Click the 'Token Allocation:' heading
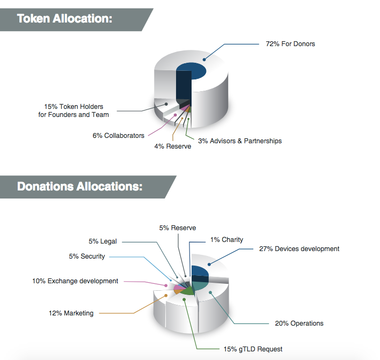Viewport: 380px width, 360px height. pyautogui.click(x=64, y=18)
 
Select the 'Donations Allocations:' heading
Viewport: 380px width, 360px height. pyautogui.click(x=79, y=187)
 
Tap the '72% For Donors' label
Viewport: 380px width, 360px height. pyautogui.click(x=290, y=44)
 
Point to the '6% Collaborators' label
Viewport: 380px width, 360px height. pyautogui.click(x=118, y=136)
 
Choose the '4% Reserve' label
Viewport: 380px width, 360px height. pyautogui.click(x=173, y=146)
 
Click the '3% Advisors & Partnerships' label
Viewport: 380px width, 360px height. pyautogui.click(x=239, y=141)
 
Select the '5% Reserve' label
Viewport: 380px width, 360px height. pyautogui.click(x=178, y=228)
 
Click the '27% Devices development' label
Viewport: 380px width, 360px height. pyautogui.click(x=299, y=249)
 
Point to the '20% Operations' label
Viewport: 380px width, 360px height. pyautogui.click(x=299, y=324)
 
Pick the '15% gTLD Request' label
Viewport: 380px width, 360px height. pyautogui.click(x=253, y=349)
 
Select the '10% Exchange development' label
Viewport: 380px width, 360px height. pyautogui.click(x=75, y=281)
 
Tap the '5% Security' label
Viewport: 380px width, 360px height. pyautogui.click(x=87, y=256)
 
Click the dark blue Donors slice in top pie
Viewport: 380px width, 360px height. pyautogui.click(x=191, y=72)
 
